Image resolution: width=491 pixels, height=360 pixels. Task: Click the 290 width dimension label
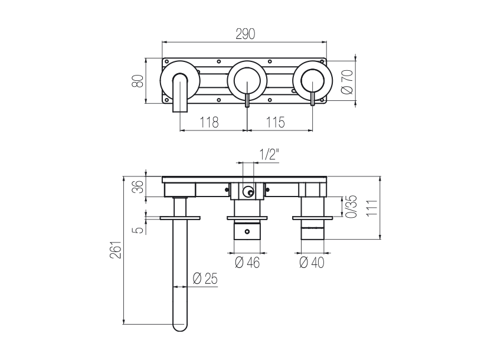click(245, 34)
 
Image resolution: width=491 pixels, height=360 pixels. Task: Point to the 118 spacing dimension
click(209, 122)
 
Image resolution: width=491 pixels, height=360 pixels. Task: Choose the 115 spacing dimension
click(275, 122)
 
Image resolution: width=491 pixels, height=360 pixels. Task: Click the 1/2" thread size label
click(269, 155)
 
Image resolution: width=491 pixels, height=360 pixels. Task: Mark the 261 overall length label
click(115, 250)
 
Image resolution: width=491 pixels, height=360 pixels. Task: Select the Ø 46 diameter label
click(247, 263)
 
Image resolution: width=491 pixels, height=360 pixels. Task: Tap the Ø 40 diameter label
click(312, 263)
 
